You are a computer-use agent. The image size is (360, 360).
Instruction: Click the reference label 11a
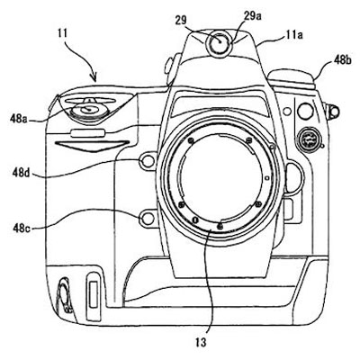[293, 35]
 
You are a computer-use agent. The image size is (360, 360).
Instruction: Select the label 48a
[19, 119]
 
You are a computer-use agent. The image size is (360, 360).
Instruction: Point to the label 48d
[21, 173]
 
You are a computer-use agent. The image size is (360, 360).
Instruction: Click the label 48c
[22, 228]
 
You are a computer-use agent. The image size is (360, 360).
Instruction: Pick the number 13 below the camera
[201, 342]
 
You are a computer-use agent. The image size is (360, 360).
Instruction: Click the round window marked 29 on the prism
[220, 43]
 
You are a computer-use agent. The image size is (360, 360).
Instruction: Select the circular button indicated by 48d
[147, 162]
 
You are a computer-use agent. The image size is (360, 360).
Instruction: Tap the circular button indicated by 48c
[147, 219]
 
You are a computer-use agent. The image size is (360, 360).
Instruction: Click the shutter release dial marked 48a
[89, 110]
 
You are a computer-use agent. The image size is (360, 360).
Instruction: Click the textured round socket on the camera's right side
[307, 139]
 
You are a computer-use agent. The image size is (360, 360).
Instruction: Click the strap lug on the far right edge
[333, 112]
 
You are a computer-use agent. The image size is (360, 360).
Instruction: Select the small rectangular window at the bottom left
[93, 294]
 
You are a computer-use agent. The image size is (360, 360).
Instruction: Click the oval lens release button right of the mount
[294, 177]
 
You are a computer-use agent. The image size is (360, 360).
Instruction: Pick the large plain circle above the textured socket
[305, 111]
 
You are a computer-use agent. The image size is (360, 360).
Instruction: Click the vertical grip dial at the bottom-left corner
[65, 295]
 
